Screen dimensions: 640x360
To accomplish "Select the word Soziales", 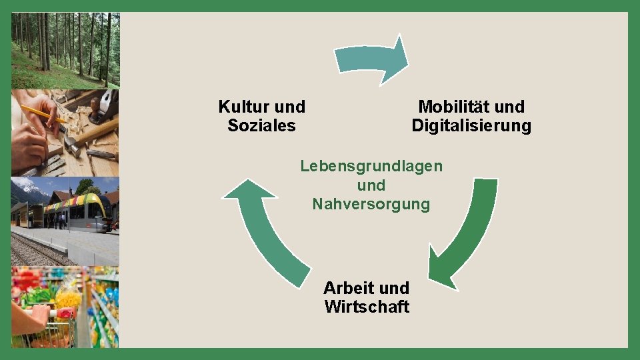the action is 261,125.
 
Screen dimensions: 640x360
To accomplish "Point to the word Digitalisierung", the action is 471,125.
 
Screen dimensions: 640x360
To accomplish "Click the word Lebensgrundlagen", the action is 371,166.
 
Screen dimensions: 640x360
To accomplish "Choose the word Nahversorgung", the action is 371,204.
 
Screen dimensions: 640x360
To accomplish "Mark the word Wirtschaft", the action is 367,307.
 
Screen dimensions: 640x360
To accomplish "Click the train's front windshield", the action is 97,210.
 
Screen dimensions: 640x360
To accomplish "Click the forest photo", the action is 65,50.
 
